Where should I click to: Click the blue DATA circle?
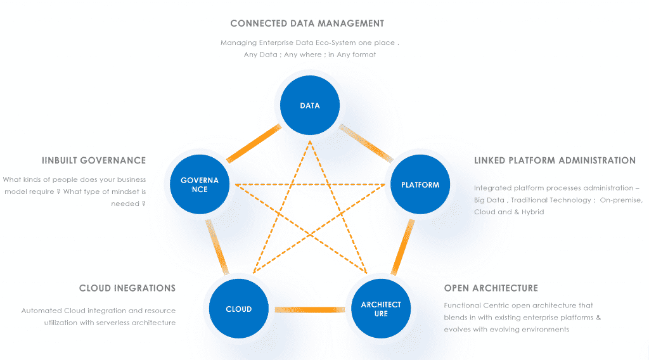click(x=310, y=105)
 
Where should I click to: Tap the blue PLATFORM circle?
click(x=420, y=184)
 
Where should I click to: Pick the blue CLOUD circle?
click(x=239, y=309)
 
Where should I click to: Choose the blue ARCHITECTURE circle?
click(x=381, y=309)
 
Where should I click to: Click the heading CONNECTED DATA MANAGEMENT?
click(x=307, y=23)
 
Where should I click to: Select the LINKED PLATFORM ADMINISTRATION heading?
click(x=555, y=160)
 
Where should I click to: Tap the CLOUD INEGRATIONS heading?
click(x=127, y=288)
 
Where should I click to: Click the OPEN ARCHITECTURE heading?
click(x=491, y=288)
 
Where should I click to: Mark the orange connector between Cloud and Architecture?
click(x=310, y=309)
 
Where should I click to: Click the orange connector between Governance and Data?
click(x=253, y=143)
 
